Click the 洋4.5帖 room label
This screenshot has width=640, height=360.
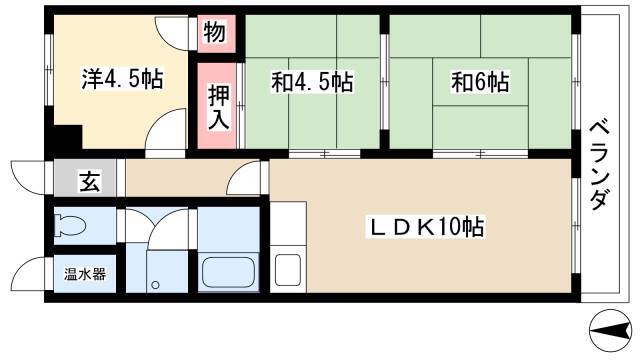122,79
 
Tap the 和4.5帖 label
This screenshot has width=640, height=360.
312,82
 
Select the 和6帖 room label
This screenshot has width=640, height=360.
480,82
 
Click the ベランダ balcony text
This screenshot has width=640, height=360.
600,164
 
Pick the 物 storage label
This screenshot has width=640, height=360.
215,32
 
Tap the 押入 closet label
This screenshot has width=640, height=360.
219,107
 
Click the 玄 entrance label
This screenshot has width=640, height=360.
89,181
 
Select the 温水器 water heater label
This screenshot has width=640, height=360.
85,274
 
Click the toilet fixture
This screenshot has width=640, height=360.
71,225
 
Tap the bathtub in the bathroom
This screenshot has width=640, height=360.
229,272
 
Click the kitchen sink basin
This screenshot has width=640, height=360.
288,269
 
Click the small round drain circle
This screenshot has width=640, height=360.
155,285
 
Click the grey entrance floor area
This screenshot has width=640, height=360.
85,178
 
